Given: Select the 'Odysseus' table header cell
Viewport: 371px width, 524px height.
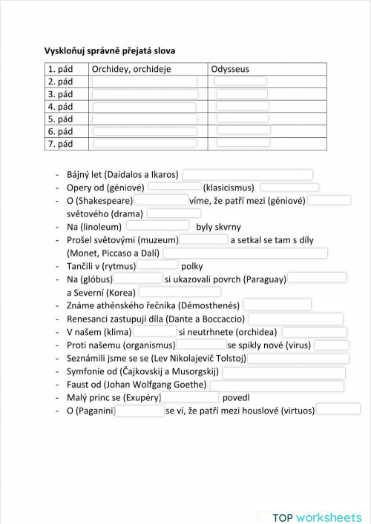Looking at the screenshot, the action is coord(230,69).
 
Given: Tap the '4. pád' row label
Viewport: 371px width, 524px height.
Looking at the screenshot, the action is coord(60,106).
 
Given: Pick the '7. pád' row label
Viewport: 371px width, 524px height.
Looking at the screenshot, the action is coord(60,143).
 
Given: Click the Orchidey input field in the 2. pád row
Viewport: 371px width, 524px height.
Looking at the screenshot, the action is coord(145,82).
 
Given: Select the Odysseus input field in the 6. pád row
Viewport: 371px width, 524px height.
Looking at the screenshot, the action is coord(243,130).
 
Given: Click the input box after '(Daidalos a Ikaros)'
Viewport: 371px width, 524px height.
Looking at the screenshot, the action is coord(248,174).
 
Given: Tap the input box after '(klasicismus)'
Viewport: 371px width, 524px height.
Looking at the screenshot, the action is coord(289,188).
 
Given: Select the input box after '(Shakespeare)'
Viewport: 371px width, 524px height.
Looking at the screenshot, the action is coord(161,200).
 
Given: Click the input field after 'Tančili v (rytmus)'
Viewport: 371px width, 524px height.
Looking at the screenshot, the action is coord(157,265).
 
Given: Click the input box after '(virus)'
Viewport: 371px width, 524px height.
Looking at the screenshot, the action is coord(326,345).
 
